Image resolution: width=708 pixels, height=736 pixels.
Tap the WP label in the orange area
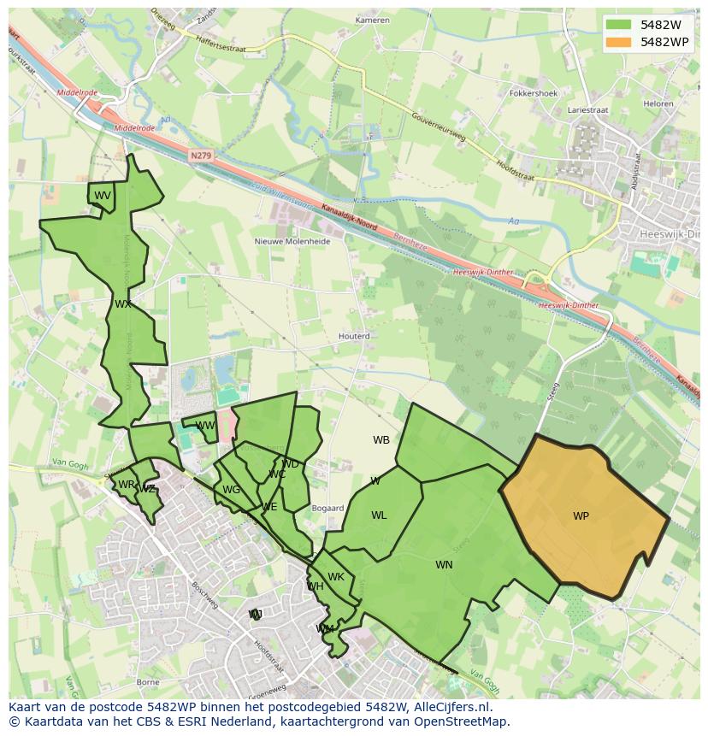tap(581, 516)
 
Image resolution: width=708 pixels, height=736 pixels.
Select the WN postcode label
tap(444, 565)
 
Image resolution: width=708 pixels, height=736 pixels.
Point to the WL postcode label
tap(379, 515)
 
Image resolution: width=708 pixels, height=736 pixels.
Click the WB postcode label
tap(381, 440)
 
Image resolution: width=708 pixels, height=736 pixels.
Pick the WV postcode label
tap(103, 196)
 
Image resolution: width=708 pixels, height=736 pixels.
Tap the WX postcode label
tap(123, 304)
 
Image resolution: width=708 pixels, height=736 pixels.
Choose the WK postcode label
tap(336, 577)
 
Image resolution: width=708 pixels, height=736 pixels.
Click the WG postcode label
tap(231, 490)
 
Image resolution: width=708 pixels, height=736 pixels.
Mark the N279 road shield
tap(200, 156)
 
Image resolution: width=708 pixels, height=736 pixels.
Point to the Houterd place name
tap(354, 337)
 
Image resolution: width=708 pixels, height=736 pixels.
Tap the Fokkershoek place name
tap(533, 93)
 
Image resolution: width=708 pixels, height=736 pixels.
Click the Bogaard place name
tap(327, 508)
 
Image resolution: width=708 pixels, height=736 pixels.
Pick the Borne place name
tap(147, 682)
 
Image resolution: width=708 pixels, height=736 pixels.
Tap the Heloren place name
tap(658, 103)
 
